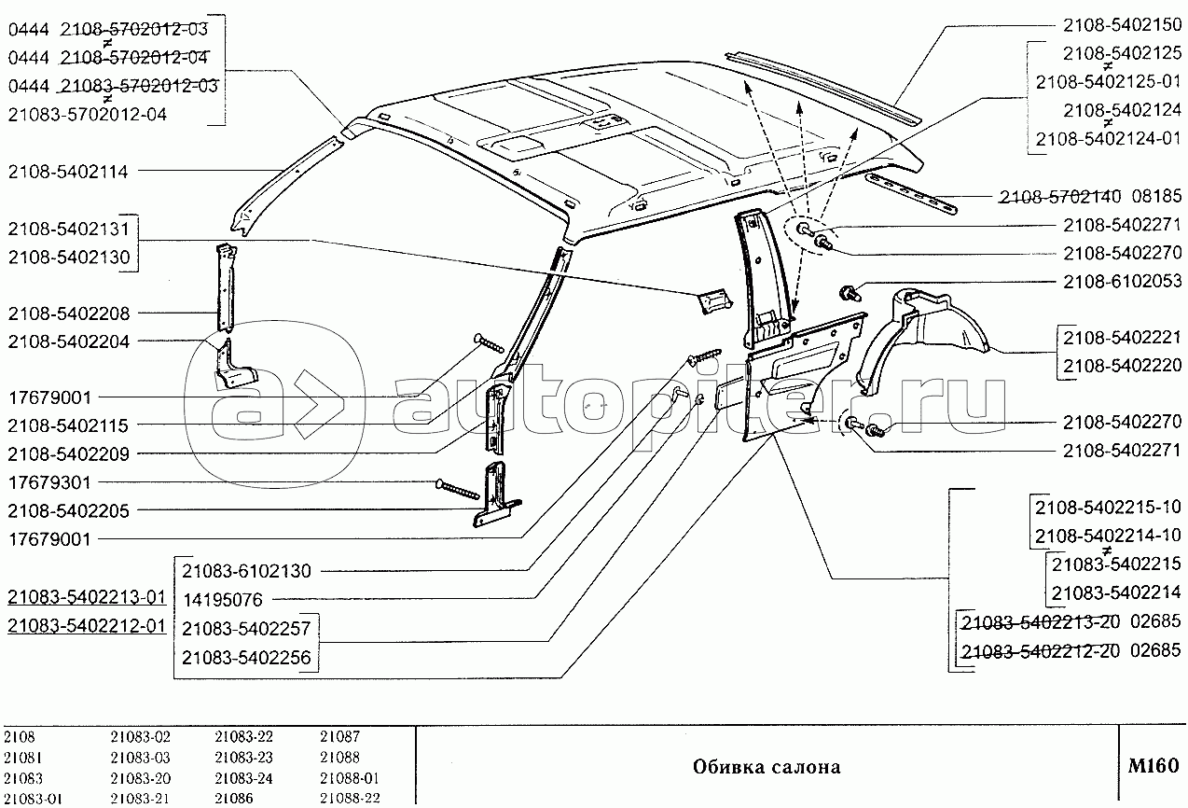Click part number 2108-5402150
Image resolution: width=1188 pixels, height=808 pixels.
1122,25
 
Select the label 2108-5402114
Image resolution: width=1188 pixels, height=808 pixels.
68,172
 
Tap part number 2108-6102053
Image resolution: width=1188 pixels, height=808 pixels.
1122,281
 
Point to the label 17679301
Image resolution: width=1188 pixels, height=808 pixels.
49,482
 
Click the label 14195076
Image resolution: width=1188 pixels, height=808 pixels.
223,600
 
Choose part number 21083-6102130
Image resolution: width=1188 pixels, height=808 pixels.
247,571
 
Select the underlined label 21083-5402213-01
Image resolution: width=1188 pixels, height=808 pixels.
87,597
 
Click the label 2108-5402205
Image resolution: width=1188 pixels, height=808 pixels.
68,511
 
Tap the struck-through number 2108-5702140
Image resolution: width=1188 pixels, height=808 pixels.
1060,197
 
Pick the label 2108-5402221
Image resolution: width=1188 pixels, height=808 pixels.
1122,338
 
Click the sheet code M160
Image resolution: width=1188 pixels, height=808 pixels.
1153,766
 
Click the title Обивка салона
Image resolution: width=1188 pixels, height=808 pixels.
767,767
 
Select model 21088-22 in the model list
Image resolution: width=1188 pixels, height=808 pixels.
350,799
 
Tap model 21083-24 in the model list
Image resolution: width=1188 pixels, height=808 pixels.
243,778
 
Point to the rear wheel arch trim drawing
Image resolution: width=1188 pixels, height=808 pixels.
923,339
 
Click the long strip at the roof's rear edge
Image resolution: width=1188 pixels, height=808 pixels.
823,88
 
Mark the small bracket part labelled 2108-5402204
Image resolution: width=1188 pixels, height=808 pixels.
234,365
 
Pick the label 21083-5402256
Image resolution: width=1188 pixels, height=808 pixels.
246,658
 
